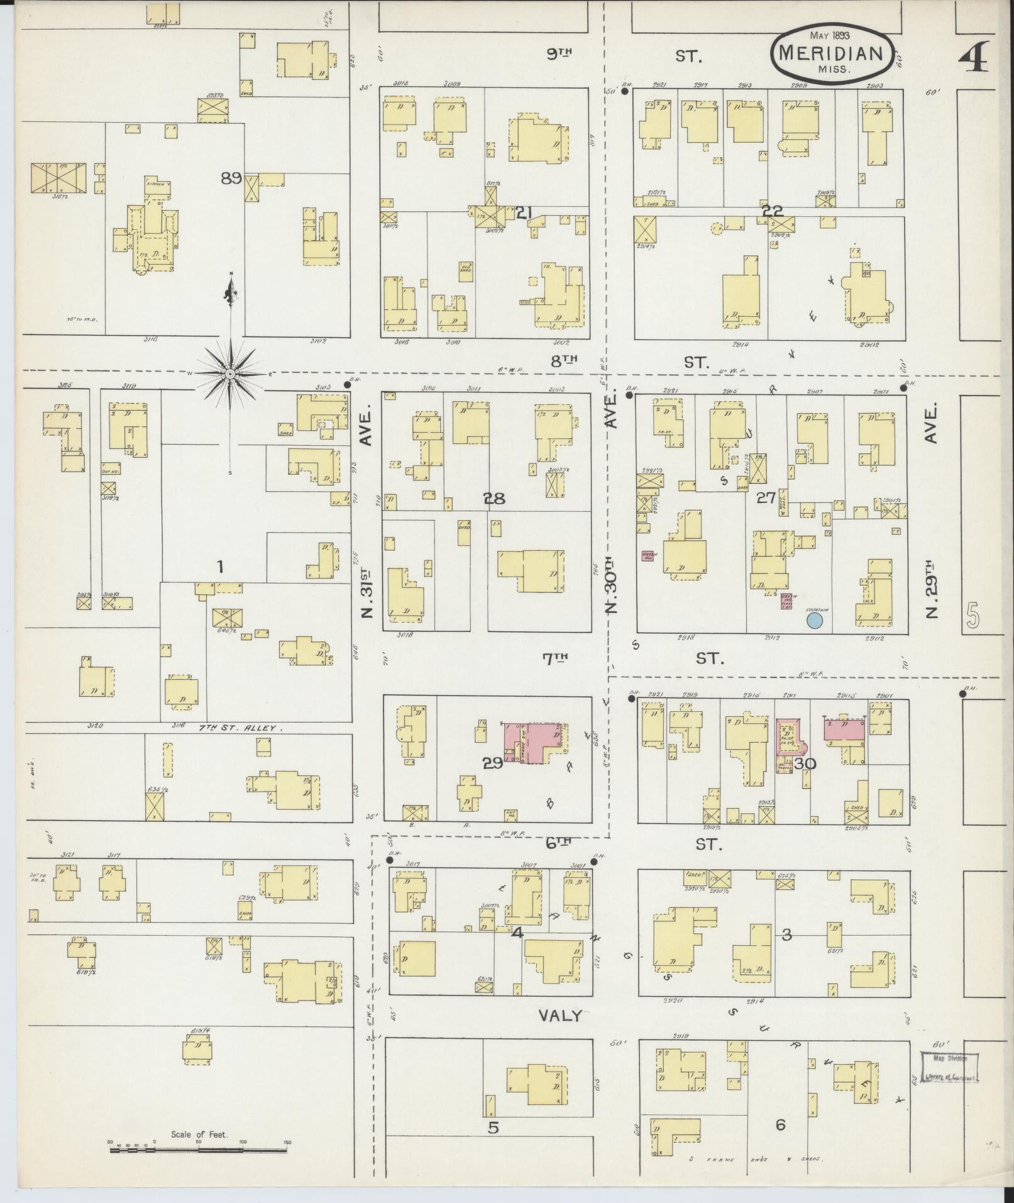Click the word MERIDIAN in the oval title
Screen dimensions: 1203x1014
830,53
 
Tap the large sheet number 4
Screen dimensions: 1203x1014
973,57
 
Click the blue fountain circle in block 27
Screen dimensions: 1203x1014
815,621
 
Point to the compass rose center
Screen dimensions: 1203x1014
230,374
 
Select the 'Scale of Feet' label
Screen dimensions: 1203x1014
199,1135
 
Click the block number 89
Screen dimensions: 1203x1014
231,178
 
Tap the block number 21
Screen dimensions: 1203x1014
524,213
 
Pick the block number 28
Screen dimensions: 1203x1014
493,499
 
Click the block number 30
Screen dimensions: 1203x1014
805,763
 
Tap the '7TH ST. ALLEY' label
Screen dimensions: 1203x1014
241,728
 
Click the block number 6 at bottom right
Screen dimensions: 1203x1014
780,1124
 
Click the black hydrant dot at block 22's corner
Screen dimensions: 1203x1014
624,91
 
